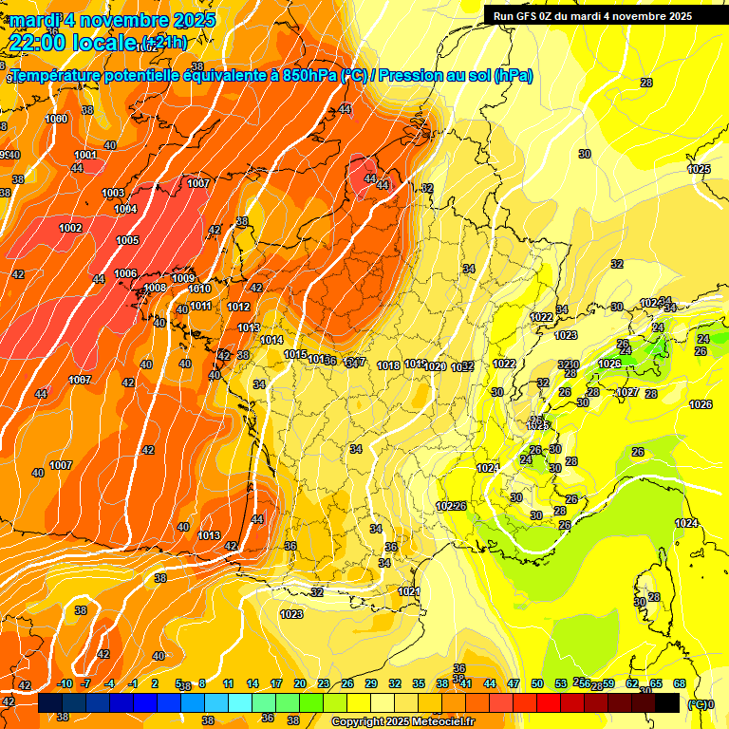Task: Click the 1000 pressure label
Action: pos(56,119)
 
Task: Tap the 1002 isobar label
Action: pos(70,228)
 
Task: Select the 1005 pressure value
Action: pos(127,240)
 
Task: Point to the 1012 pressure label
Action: pos(238,307)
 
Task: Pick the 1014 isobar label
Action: pos(271,340)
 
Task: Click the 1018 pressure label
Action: pos(388,365)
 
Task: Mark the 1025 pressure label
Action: pos(699,169)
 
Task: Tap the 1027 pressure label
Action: pos(627,392)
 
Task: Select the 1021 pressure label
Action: pos(409,591)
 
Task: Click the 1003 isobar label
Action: pos(113,193)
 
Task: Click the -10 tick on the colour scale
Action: pos(65,683)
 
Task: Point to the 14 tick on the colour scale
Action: pos(252,683)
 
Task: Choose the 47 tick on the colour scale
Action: pos(514,683)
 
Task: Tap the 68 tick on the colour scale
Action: pos(680,683)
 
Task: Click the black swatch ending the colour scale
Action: pos(667,702)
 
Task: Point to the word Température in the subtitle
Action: pos(57,76)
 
